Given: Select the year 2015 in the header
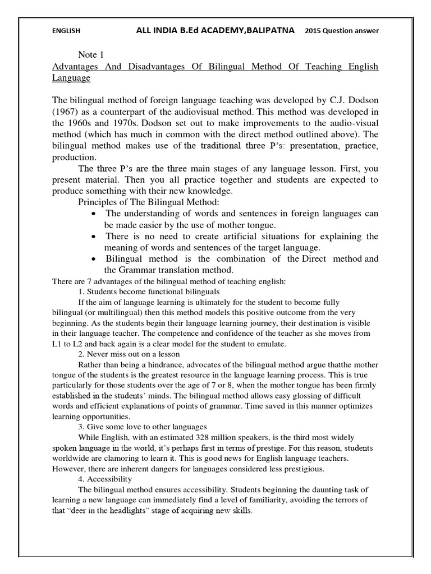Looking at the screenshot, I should tap(315, 31).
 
